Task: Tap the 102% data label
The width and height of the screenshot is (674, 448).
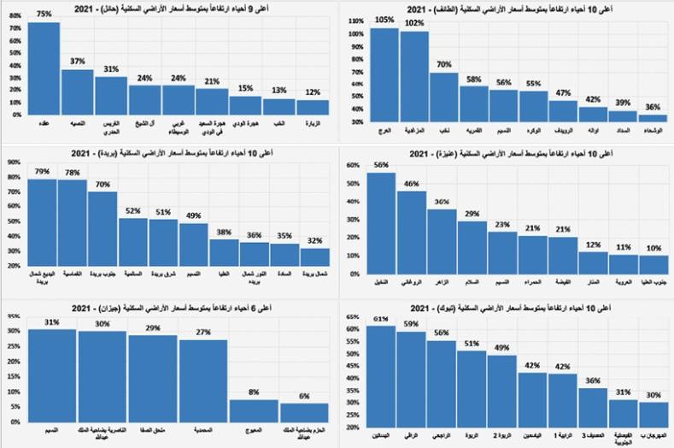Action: (x=414, y=23)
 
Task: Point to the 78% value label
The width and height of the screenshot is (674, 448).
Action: (x=72, y=172)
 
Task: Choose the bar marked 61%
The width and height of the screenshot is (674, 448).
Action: (x=382, y=376)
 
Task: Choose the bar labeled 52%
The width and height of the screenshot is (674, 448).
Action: (x=132, y=242)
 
